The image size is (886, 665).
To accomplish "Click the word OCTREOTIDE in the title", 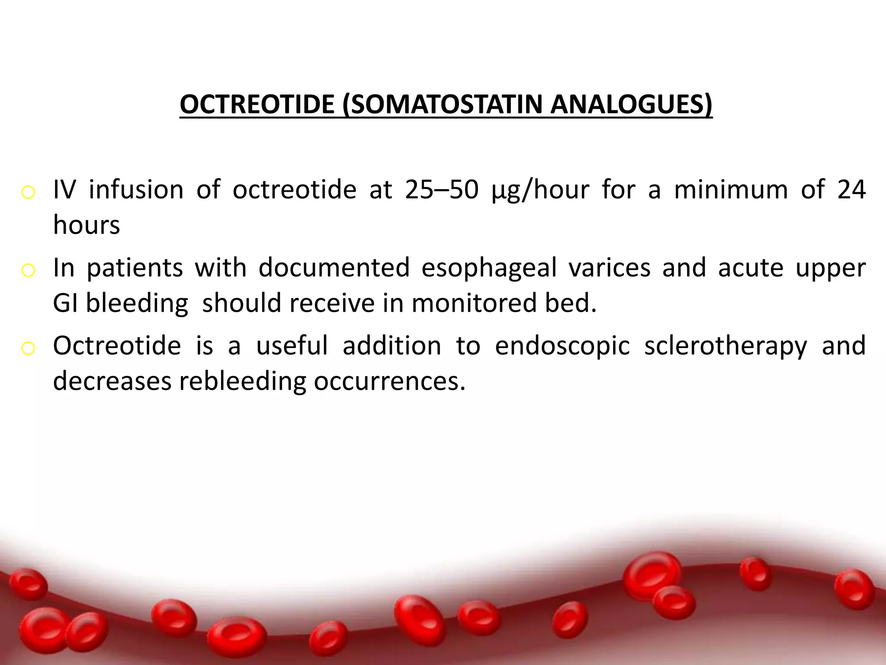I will (x=257, y=104).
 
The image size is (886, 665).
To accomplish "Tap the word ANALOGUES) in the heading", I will (x=631, y=104).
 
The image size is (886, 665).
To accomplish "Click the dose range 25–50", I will (x=442, y=190).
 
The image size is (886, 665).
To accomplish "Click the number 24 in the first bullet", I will (x=851, y=190).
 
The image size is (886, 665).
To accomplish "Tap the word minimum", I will (x=731, y=190).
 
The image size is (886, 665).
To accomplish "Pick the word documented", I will (x=334, y=268).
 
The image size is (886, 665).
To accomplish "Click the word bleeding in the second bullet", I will (x=137, y=303).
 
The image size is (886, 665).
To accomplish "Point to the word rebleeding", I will (x=243, y=381).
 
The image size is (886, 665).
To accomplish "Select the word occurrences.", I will (x=389, y=381).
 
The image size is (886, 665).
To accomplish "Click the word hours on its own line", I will (x=87, y=225).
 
